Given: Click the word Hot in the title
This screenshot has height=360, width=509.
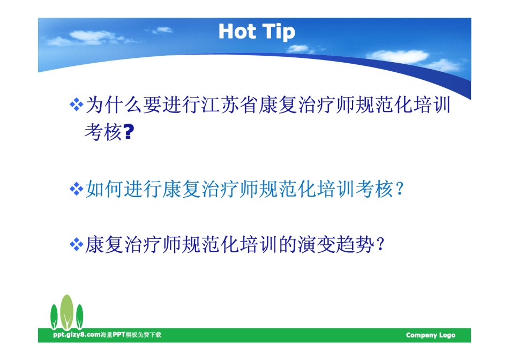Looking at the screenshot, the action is pos(237,32).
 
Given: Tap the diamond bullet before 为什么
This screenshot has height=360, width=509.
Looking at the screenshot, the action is pos(76,105).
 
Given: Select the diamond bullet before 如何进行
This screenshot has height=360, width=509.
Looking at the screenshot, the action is pos(76,189).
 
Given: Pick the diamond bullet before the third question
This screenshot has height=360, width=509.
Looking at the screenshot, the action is pos(76,244).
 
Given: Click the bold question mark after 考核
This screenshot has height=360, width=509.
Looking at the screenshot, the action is pos(129,132).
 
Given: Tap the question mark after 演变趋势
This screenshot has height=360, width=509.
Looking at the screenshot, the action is pos(380,244).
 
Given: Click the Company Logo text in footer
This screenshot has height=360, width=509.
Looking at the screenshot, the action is pos(430,335).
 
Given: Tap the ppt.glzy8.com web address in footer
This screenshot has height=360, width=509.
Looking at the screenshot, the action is pos(77,335).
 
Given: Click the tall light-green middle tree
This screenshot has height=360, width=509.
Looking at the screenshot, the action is pos(67,312).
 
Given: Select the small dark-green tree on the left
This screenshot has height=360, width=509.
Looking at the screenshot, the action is pos(54,317).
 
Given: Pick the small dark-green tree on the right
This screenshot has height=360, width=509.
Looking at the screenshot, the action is pos(79,317).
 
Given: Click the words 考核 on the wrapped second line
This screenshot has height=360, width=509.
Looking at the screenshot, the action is pos(103,132).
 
